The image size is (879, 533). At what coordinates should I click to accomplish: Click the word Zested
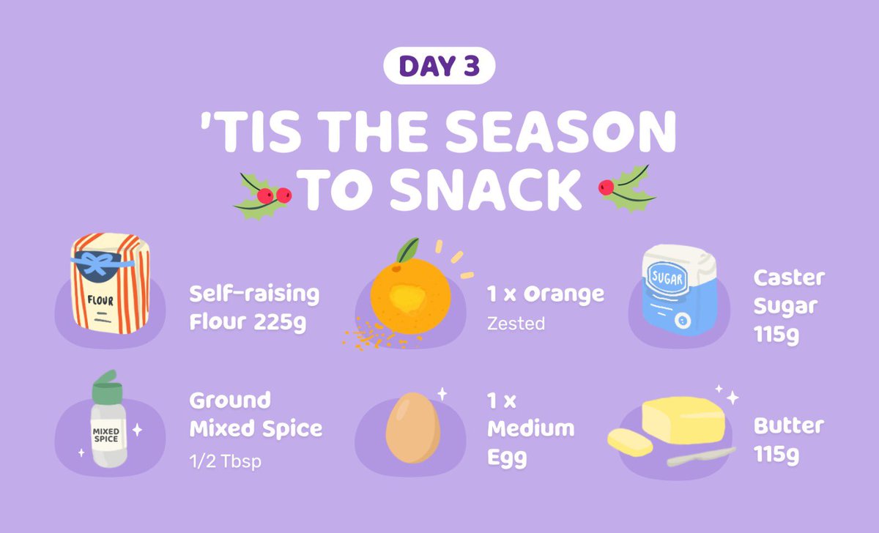pyautogui.click(x=516, y=323)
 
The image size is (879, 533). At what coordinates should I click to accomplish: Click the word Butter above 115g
pyautogui.click(x=788, y=425)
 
